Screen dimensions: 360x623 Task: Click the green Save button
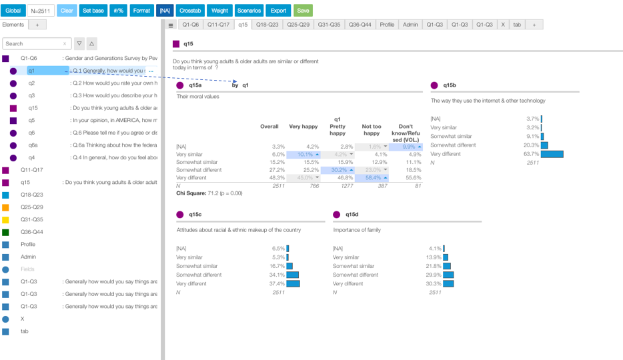pyautogui.click(x=303, y=11)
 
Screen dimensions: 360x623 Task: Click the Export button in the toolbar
pyautogui.click(x=278, y=11)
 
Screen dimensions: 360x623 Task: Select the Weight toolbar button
pyautogui.click(x=219, y=11)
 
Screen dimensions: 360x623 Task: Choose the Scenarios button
pyautogui.click(x=249, y=11)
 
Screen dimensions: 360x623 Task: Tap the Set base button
pyautogui.click(x=93, y=11)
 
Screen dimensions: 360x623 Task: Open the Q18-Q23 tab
pyautogui.click(x=267, y=25)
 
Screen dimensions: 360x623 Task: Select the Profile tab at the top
pyautogui.click(x=387, y=25)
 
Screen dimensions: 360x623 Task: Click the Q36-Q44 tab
pyautogui.click(x=360, y=25)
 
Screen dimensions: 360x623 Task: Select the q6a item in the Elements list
pyautogui.click(x=33, y=145)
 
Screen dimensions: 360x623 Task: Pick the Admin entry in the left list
pyautogui.click(x=28, y=257)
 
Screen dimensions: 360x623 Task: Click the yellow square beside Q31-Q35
pyautogui.click(x=5, y=219)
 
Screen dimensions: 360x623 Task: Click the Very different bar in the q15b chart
pyautogui.click(x=552, y=154)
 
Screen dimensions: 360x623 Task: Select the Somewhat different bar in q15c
pyautogui.click(x=292, y=275)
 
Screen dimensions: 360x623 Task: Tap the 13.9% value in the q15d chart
pyautogui.click(x=434, y=257)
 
